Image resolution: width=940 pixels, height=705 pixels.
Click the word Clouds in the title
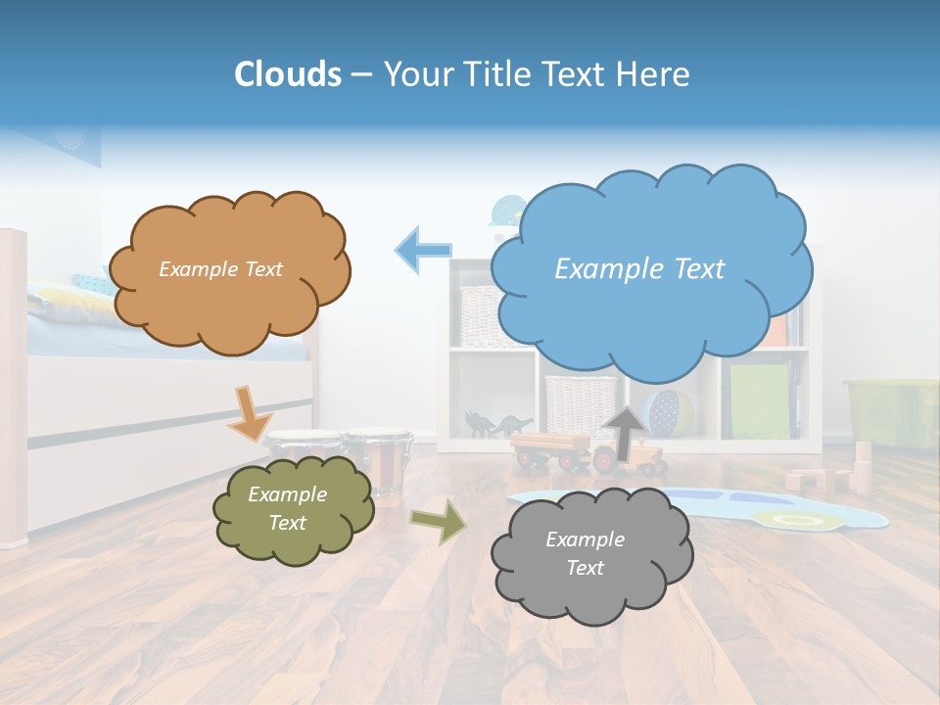tap(287, 74)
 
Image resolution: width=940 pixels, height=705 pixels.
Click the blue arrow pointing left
tap(423, 249)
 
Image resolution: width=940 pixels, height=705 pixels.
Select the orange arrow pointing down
tap(251, 411)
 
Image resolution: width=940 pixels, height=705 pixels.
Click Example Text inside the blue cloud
tap(639, 268)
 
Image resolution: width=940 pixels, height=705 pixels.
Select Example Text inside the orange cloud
tap(220, 269)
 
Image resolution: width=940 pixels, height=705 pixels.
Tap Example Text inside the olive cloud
tap(287, 509)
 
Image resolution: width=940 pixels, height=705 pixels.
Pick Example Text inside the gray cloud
tap(585, 553)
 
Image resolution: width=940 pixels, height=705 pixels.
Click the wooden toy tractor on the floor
tap(587, 453)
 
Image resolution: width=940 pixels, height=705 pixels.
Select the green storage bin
tap(891, 411)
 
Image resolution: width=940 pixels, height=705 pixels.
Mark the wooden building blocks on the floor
tap(832, 475)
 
